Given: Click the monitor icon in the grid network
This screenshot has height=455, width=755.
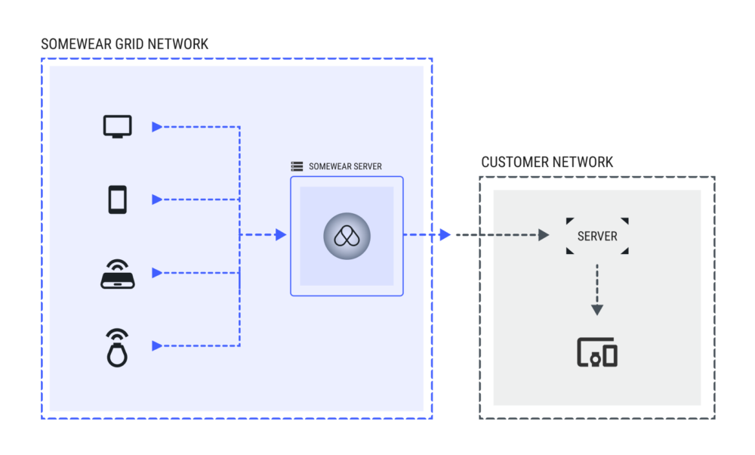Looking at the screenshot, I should [117, 126].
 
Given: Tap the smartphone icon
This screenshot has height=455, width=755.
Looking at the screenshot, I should [117, 200].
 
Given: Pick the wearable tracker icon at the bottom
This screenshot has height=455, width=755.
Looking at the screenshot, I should [117, 347].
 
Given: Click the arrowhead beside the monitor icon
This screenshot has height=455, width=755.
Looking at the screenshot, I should [157, 127].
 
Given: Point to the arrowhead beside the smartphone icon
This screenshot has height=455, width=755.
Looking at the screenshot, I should [157, 200].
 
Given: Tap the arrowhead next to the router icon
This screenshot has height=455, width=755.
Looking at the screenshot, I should [157, 272].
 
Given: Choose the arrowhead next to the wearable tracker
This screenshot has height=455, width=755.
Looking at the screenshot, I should [157, 345].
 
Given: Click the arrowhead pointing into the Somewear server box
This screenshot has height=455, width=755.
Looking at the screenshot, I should [281, 235].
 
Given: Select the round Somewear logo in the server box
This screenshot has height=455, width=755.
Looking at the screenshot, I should [347, 236].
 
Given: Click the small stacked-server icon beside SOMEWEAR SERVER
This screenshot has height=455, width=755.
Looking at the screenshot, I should [297, 166].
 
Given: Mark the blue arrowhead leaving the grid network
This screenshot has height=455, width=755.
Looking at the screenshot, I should [445, 235].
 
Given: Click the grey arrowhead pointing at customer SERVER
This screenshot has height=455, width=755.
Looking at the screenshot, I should [543, 235].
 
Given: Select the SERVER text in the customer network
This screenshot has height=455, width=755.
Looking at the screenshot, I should [597, 236].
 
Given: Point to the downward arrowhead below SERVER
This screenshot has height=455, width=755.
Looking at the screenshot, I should [597, 309].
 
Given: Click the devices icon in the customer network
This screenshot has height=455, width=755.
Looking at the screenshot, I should [597, 353].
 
